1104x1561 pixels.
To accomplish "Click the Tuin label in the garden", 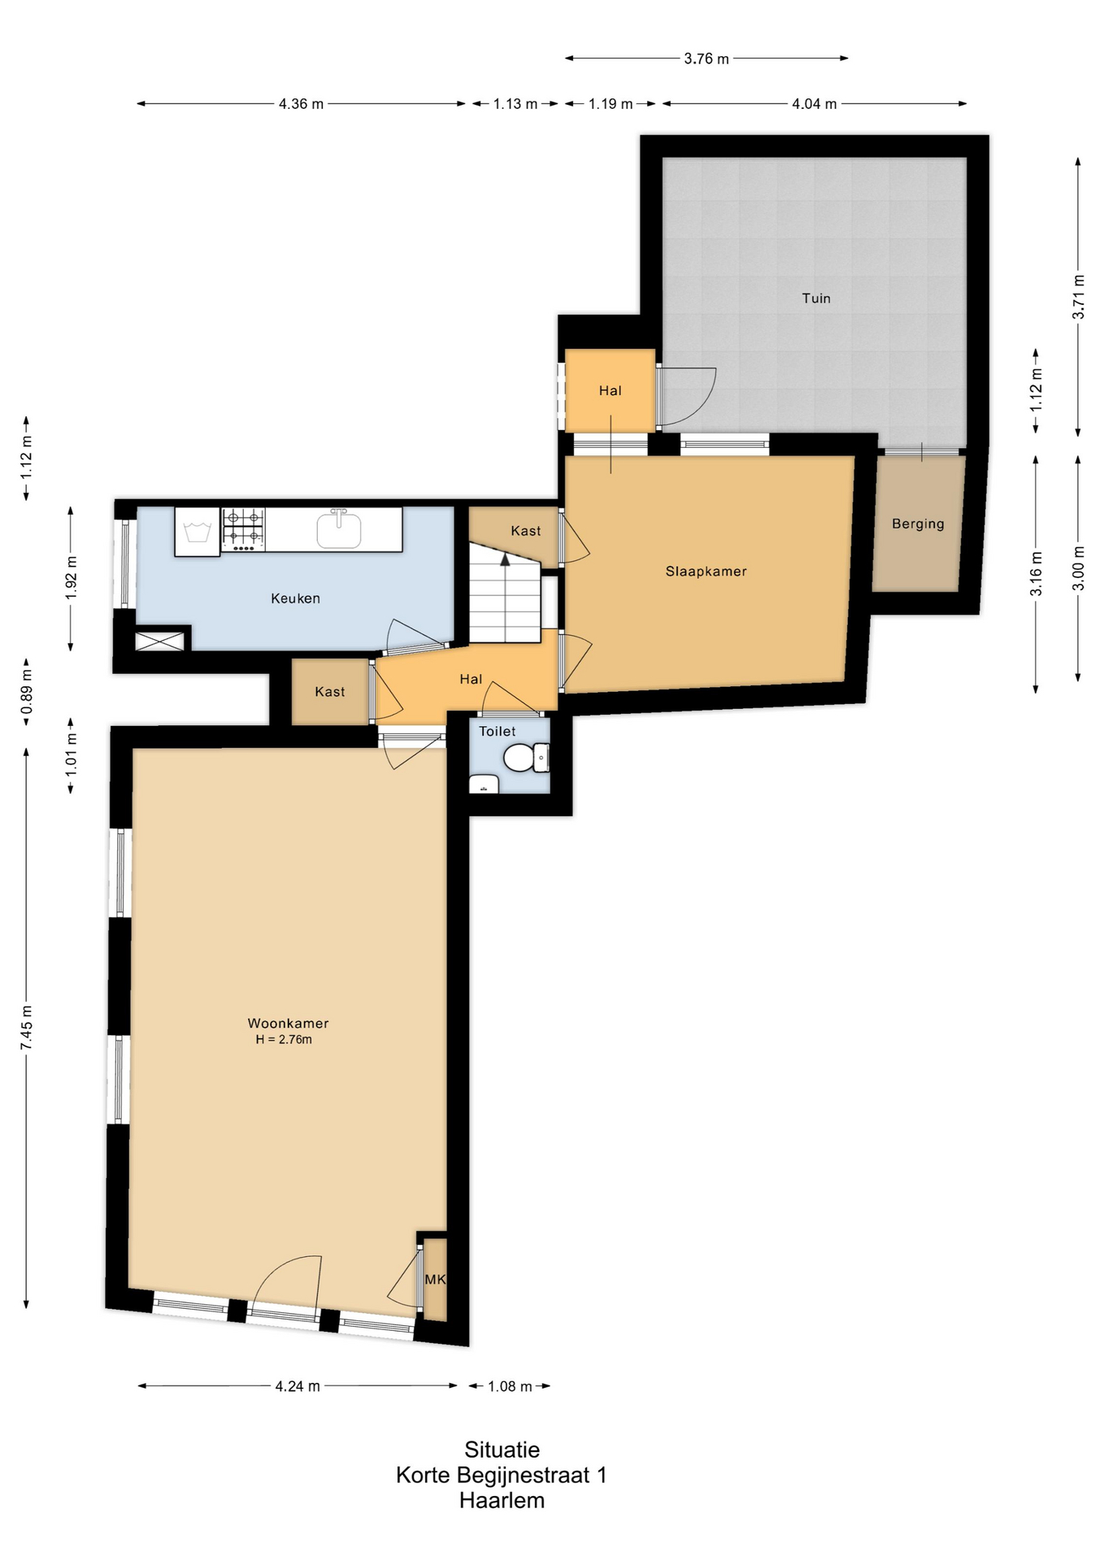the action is click(816, 298).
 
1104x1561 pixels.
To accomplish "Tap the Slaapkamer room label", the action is click(706, 572).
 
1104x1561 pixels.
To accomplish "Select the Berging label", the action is click(918, 524).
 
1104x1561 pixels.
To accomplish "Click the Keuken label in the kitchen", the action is click(295, 598).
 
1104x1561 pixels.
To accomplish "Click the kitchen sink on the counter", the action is click(339, 528).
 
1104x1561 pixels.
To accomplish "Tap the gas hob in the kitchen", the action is click(243, 528).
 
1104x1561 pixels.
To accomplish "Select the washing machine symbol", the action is click(198, 532).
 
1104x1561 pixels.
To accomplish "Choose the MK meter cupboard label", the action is click(435, 1279).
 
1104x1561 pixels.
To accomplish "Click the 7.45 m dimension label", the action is click(27, 1027).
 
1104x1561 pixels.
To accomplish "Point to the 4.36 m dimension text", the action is click(301, 104).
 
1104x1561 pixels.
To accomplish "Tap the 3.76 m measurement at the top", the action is click(706, 59).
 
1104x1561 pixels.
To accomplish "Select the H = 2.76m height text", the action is click(284, 1039).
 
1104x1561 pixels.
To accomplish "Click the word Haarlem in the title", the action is click(502, 1500).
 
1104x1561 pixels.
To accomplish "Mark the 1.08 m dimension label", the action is click(510, 1386).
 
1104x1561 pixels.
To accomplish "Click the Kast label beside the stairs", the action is click(525, 531).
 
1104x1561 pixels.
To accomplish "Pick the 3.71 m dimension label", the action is click(1079, 297).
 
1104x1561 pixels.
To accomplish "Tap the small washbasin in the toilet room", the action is click(484, 785).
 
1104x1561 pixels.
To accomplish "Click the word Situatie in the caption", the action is click(502, 1450).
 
